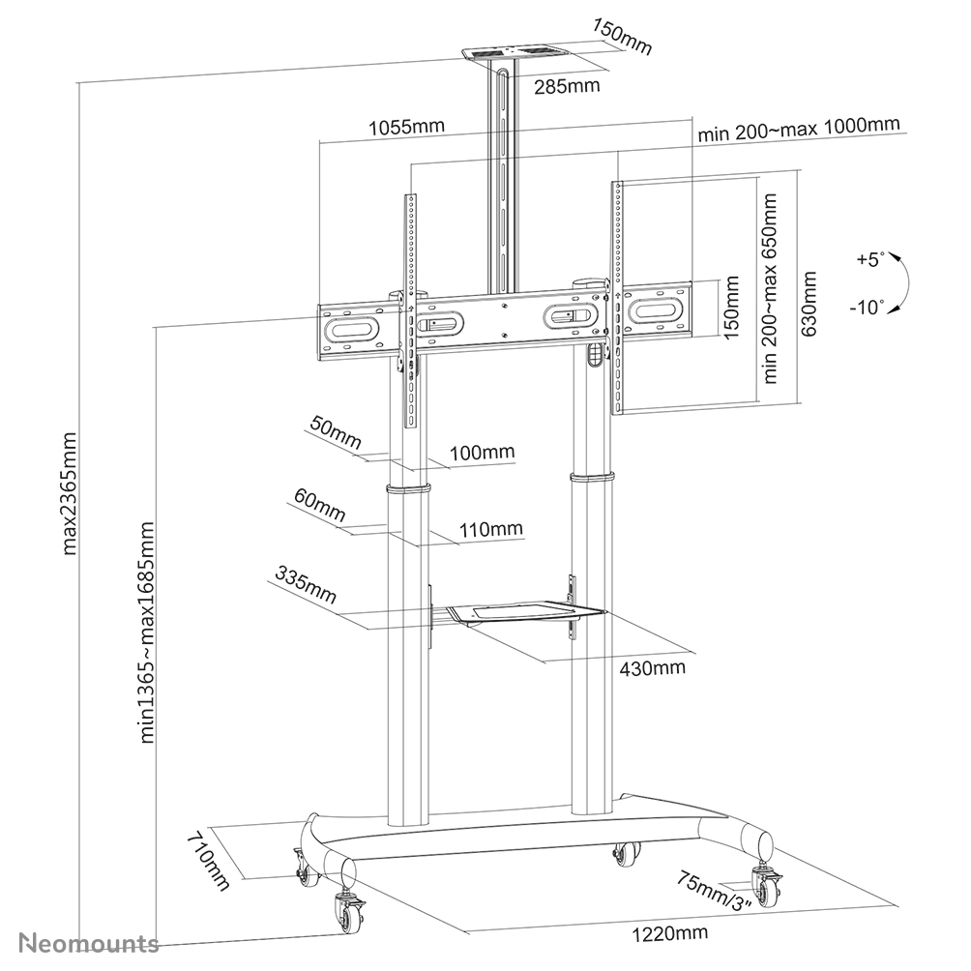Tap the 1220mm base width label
(x=669, y=932)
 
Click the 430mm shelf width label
(x=654, y=667)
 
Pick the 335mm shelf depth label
(x=306, y=587)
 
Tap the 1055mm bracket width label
(x=405, y=127)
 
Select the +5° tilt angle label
(x=870, y=260)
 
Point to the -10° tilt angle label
(x=868, y=308)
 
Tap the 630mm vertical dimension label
(x=809, y=304)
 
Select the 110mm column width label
(x=491, y=529)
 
